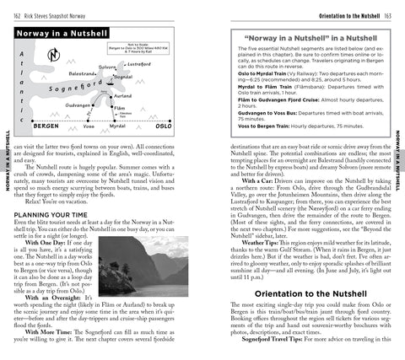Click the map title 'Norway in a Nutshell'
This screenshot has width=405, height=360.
coord(58,33)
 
